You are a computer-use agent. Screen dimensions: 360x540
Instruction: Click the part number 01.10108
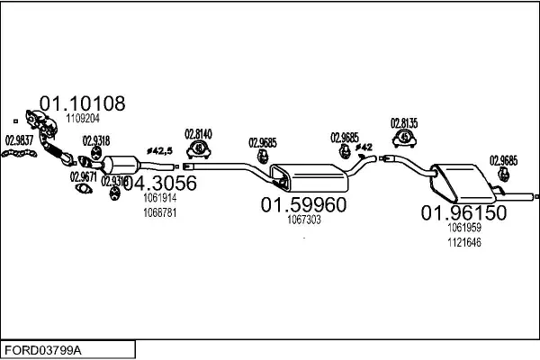pos(83,103)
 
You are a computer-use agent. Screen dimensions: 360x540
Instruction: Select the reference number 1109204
pos(81,118)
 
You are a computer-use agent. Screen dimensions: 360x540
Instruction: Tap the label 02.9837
pos(19,139)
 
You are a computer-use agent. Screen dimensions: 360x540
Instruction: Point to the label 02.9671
pos(84,177)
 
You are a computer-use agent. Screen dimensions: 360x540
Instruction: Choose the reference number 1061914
pos(160,198)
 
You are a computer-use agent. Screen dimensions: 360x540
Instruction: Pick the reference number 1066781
pos(160,212)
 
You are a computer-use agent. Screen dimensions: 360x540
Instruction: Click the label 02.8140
pos(198,135)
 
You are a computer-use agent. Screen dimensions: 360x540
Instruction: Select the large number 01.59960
pos(303,205)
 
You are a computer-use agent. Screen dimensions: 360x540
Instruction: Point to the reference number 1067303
pos(304,220)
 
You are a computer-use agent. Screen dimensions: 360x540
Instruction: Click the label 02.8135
pos(403,122)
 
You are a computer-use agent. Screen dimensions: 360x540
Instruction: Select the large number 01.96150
pos(464,213)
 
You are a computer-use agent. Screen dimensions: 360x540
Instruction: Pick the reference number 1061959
pos(464,228)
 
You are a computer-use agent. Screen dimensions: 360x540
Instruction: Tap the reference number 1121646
pos(464,242)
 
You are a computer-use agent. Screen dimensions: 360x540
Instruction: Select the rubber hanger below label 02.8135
pos(404,139)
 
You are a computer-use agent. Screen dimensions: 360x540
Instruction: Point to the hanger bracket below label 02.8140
pos(199,152)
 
